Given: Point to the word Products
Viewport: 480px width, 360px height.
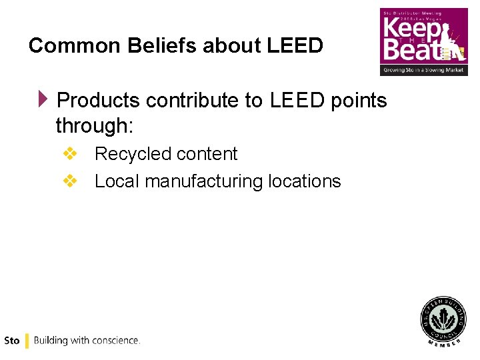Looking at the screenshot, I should (98, 101).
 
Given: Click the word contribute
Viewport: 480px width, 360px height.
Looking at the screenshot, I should (193, 101).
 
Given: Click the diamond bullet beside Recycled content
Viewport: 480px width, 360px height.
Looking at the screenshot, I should (69, 154).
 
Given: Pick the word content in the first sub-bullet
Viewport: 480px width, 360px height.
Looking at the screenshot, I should (207, 154).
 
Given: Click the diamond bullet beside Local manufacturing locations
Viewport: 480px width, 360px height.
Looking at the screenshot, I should (69, 181).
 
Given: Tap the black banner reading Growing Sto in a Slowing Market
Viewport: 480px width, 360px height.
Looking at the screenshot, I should (423, 70).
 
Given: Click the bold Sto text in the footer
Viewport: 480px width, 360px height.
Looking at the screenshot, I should (12, 341).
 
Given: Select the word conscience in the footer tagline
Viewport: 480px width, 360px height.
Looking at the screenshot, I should (115, 341).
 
